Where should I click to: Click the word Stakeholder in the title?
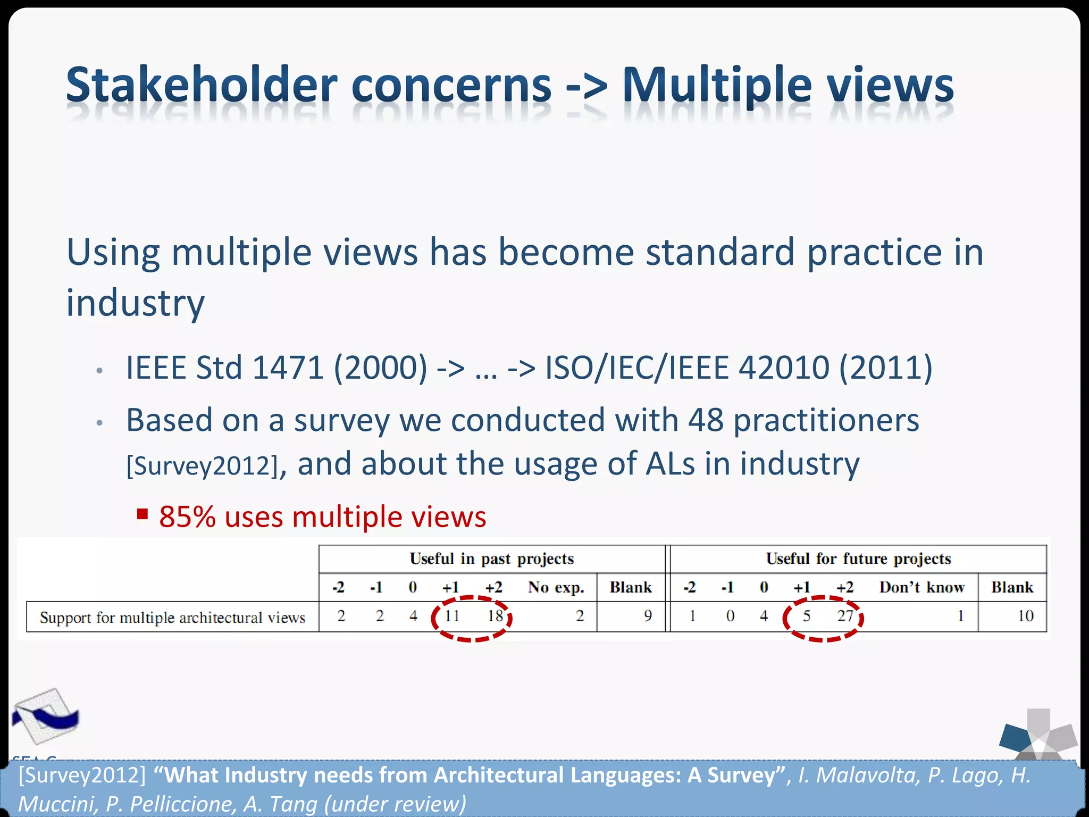point(202,85)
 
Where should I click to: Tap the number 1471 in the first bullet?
point(288,368)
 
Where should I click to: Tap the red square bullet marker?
point(142,514)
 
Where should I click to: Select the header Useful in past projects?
point(491,558)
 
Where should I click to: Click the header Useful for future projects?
point(858,558)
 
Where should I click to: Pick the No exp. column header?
point(556,587)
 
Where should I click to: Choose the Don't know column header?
point(922,587)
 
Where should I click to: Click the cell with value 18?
point(495,616)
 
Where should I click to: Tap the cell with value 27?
point(845,616)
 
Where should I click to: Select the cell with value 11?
point(452,616)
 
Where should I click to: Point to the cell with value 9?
point(648,616)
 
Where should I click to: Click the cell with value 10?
point(1025,616)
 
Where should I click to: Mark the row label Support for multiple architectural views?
point(172,618)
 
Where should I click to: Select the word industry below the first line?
point(135,303)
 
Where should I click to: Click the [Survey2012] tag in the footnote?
point(82,776)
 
